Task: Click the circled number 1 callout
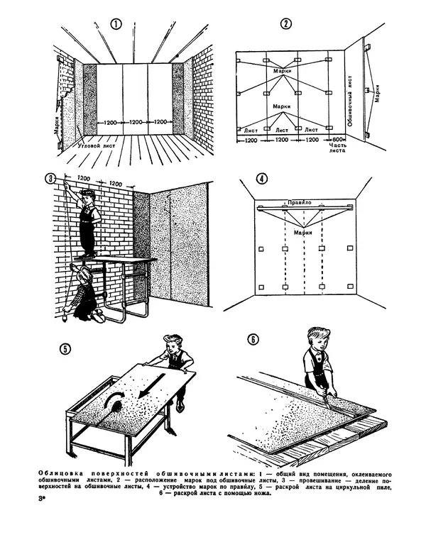tap(116, 23)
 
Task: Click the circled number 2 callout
tap(285, 23)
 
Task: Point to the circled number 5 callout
tap(65, 348)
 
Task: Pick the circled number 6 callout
tap(253, 338)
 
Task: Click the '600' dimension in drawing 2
tap(337, 139)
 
